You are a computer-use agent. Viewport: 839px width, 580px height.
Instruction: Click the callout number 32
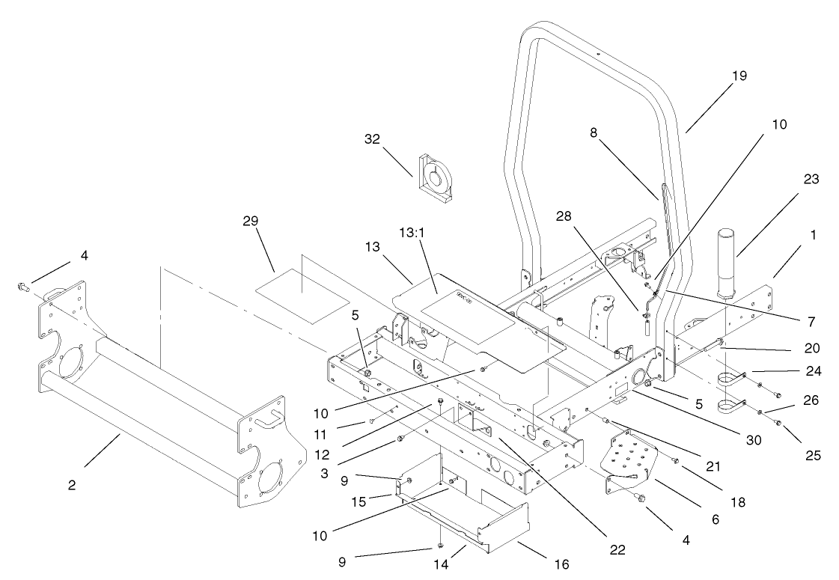372,139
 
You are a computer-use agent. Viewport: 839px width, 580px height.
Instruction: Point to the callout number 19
740,76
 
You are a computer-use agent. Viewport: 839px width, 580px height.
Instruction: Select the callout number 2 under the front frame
72,484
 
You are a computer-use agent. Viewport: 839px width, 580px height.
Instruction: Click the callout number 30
754,441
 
